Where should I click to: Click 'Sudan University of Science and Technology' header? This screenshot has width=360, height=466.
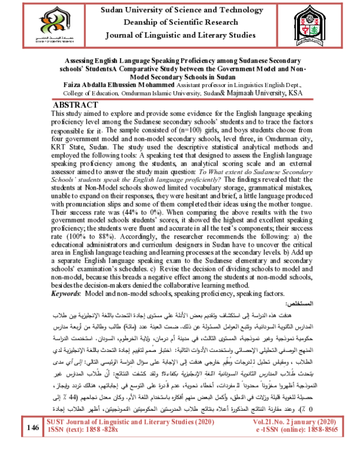point(179,9)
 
